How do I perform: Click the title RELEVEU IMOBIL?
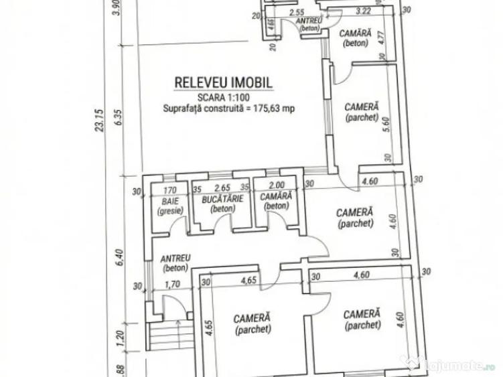pos(223,82)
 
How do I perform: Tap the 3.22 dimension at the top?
pos(363,11)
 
